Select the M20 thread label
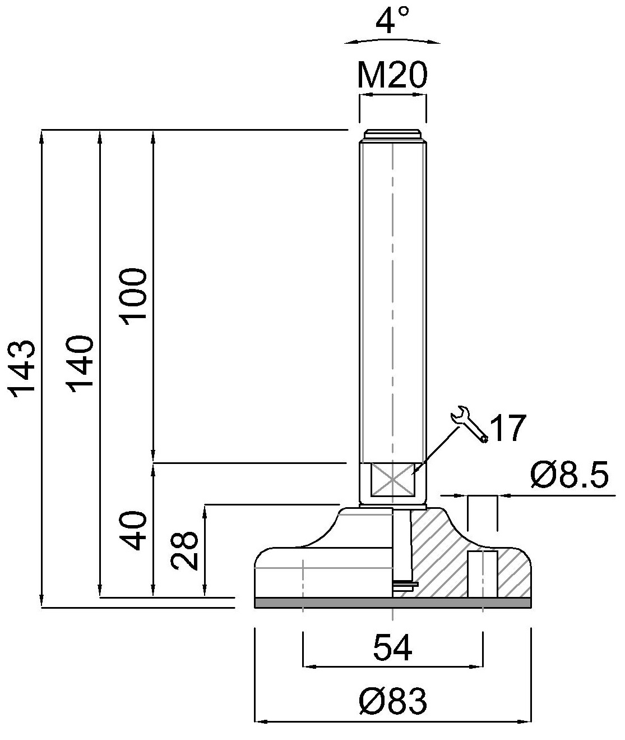[x=392, y=75]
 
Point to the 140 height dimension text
[x=80, y=364]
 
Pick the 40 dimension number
[x=133, y=531]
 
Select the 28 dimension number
[x=184, y=550]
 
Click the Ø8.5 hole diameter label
[x=569, y=475]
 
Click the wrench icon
[x=468, y=424]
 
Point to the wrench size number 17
[x=508, y=428]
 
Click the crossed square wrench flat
[x=392, y=479]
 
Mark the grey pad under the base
[x=392, y=603]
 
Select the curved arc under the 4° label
[x=392, y=39]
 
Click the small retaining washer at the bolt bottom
[x=405, y=585]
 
